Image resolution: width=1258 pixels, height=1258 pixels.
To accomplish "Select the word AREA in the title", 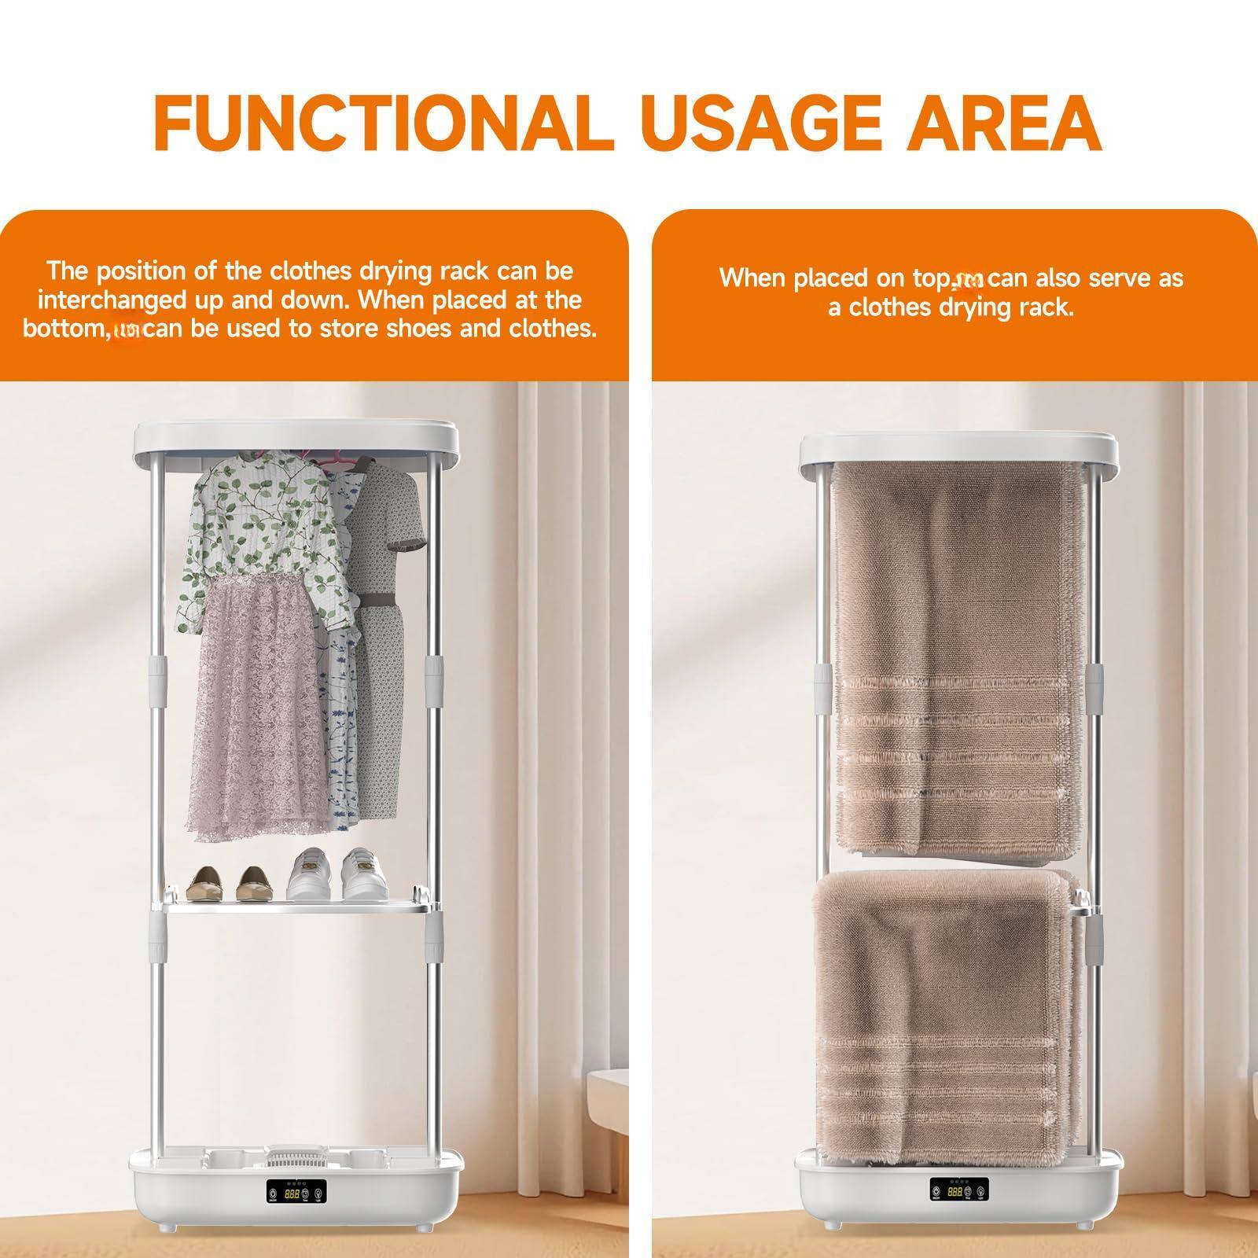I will point(1010,123).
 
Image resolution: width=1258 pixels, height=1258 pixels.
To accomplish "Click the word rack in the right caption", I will point(1048,307).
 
